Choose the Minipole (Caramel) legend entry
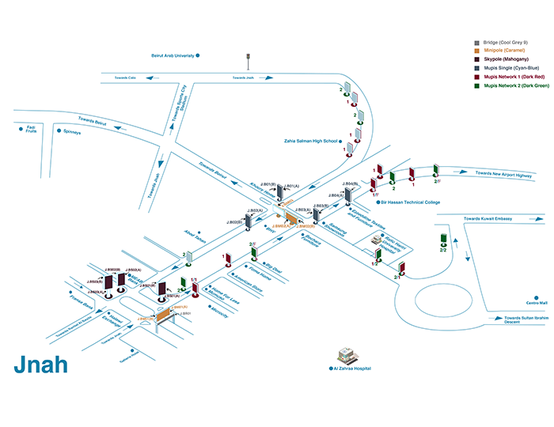click(x=506, y=51)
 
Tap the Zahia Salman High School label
click(x=310, y=142)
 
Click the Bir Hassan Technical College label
click(x=410, y=202)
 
